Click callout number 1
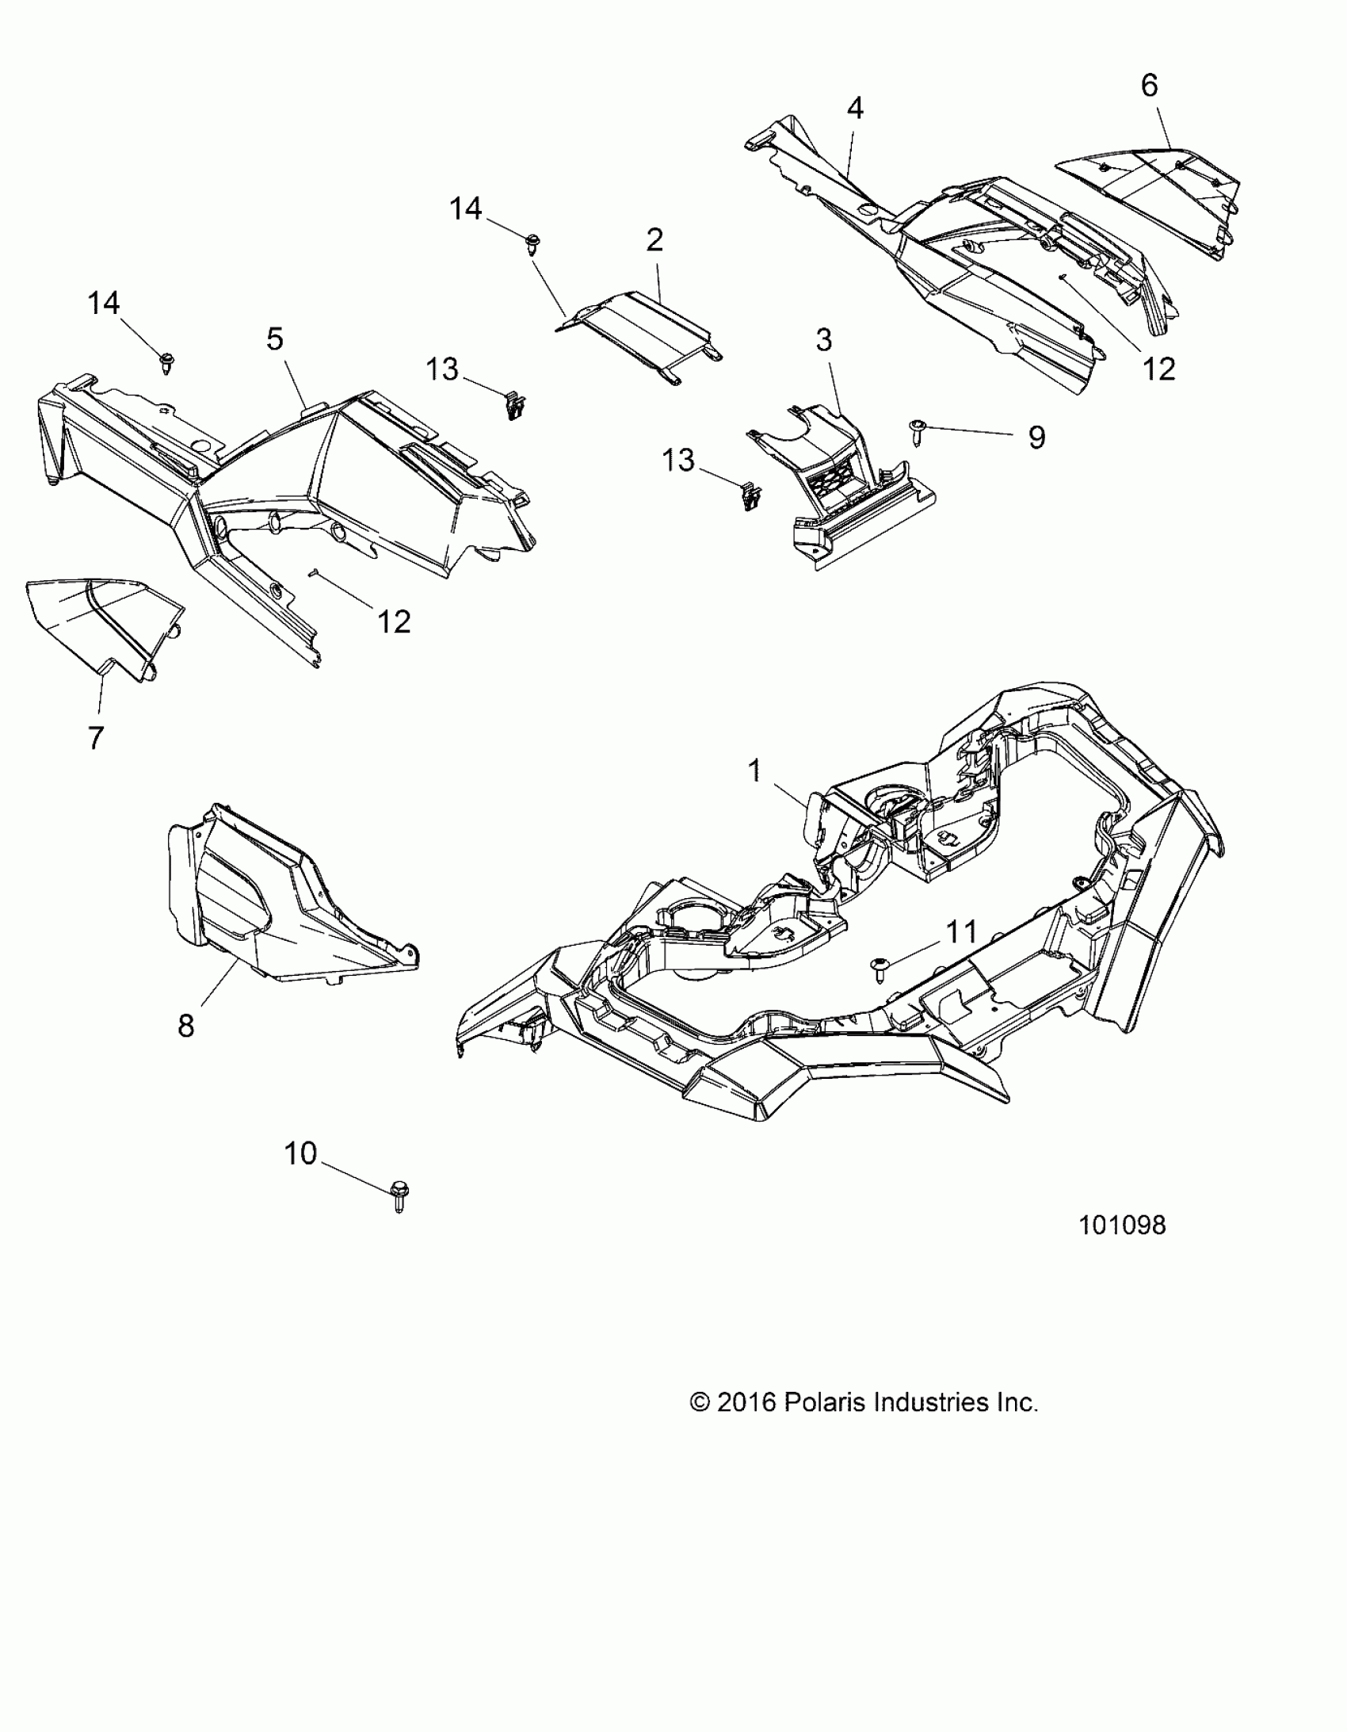(x=754, y=769)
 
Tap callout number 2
(x=654, y=239)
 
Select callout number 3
(x=824, y=340)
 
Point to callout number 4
(x=855, y=108)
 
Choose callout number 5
(x=274, y=338)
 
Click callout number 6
(x=1149, y=85)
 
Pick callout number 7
(x=95, y=738)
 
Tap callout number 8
(x=185, y=1027)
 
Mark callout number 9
(x=1036, y=437)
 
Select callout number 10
(x=300, y=1153)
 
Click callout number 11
(x=962, y=932)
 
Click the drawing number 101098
(x=1122, y=1225)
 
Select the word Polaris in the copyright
(x=825, y=1402)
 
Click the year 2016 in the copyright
(x=746, y=1402)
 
